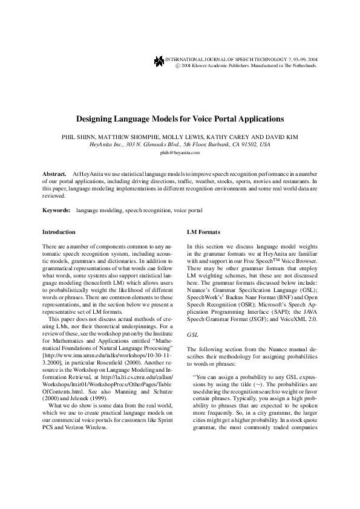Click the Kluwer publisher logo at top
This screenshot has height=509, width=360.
click(159, 60)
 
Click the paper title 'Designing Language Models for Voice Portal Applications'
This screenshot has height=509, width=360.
click(180, 119)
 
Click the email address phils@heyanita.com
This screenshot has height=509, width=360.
click(180, 153)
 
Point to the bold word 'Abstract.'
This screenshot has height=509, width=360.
click(54, 173)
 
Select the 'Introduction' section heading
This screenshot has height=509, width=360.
click(59, 232)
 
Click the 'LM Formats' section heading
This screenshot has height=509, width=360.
click(204, 232)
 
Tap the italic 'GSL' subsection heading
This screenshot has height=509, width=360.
click(192, 333)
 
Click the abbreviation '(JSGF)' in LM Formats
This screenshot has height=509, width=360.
click(258, 319)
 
